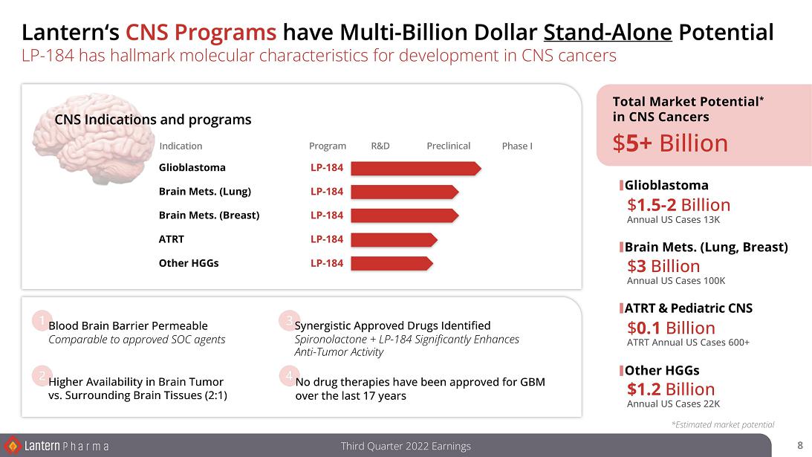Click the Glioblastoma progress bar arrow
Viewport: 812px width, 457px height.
pos(416,169)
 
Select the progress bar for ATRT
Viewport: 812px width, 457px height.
pos(394,239)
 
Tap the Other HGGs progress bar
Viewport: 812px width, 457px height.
pos(392,263)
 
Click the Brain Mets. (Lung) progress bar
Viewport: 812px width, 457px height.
pos(405,192)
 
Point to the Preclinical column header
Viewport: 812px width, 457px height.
pos(449,146)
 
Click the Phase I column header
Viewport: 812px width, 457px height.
pos(517,146)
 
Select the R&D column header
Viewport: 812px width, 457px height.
pos(380,146)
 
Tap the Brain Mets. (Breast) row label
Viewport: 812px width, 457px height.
pos(210,215)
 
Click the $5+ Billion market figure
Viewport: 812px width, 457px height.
pos(670,143)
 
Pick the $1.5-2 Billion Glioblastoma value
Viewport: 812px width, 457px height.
pos(678,204)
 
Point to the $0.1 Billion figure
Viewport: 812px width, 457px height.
pos(671,328)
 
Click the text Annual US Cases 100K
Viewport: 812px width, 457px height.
pos(676,281)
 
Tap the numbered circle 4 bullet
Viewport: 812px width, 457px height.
pos(288,376)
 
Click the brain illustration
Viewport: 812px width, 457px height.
pos(93,137)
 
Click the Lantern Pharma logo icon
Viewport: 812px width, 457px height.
pos(13,446)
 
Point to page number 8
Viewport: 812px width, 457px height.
pos(800,445)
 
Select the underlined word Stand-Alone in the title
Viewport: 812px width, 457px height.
pos(608,32)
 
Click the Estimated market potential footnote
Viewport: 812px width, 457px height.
pos(723,425)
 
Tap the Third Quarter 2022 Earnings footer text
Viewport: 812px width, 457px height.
pos(406,446)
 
